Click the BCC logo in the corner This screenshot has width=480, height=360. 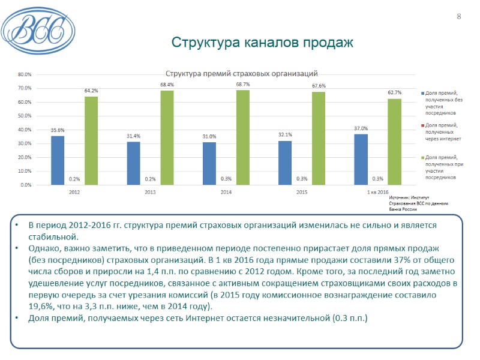37,27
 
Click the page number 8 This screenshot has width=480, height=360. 459,16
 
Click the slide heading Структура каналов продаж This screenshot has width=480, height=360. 262,43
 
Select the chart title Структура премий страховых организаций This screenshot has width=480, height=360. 241,74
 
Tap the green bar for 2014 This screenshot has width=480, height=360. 242,137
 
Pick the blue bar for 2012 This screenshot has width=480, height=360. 58,160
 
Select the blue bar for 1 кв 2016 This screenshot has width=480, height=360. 361,160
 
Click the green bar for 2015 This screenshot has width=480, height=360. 318,138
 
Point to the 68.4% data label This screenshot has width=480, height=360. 167,85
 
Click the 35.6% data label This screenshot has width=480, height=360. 58,130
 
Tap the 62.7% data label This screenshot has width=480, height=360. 394,93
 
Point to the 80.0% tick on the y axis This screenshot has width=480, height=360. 25,75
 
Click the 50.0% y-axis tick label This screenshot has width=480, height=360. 25,116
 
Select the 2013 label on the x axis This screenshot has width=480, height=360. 150,192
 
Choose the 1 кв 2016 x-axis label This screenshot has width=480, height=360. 377,192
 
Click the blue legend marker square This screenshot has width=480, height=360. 422,93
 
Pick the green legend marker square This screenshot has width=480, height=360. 422,157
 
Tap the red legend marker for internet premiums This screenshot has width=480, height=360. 422,125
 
